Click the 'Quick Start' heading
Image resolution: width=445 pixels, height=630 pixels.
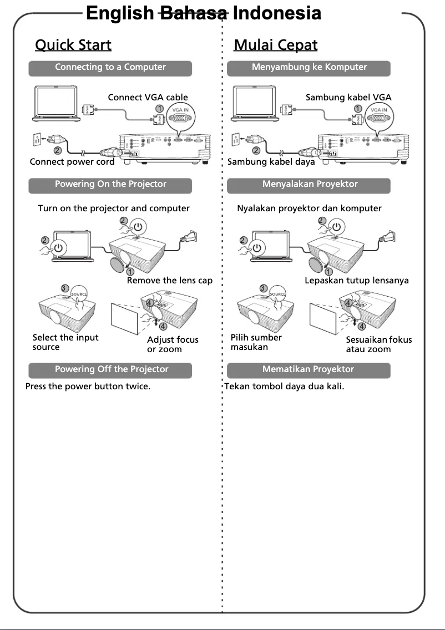[x=73, y=45]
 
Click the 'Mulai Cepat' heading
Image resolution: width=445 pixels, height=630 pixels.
[x=276, y=45]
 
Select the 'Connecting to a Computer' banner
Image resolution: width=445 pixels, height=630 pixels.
[x=110, y=68]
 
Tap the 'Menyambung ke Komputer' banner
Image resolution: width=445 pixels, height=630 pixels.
[x=309, y=68]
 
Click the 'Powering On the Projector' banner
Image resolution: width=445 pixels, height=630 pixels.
[x=110, y=185]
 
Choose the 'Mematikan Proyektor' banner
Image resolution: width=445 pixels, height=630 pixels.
[x=309, y=369]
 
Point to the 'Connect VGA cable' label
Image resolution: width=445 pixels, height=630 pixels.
[x=148, y=98]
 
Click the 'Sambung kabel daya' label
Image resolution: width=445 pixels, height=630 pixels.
[x=271, y=162]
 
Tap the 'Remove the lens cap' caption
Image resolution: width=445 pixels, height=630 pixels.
[x=169, y=281]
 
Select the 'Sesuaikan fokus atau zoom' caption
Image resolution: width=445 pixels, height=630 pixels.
[x=378, y=344]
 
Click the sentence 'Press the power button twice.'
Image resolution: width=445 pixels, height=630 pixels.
[x=88, y=386]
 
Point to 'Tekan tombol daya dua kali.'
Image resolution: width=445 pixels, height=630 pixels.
[x=284, y=386]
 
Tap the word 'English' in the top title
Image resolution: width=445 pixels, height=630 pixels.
[x=120, y=13]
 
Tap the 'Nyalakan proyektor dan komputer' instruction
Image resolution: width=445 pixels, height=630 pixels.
[x=309, y=209]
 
